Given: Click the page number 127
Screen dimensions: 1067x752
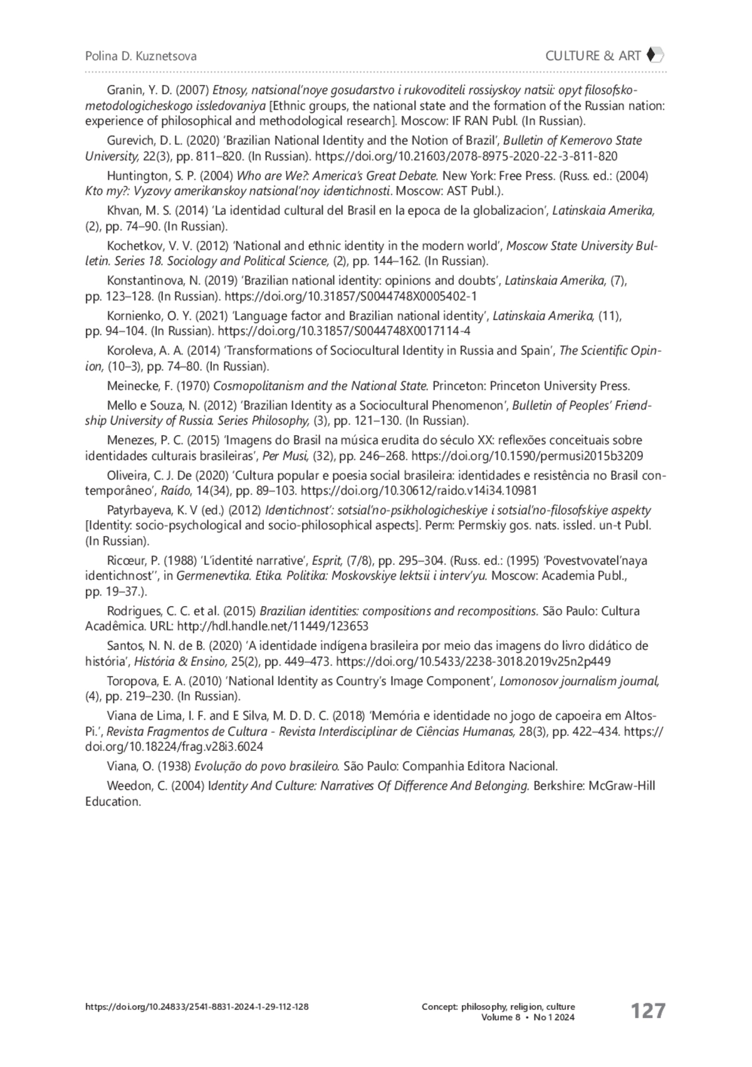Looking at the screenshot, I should (647, 1011).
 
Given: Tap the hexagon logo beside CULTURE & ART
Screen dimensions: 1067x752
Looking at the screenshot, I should (654, 55).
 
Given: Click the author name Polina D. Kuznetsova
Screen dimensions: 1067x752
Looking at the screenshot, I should (140, 56).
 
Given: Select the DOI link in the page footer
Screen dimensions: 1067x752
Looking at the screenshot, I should (196, 1007).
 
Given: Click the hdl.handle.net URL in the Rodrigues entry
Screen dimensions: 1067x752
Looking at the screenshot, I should (273, 626).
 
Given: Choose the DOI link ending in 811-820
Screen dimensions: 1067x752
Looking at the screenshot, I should (466, 157).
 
